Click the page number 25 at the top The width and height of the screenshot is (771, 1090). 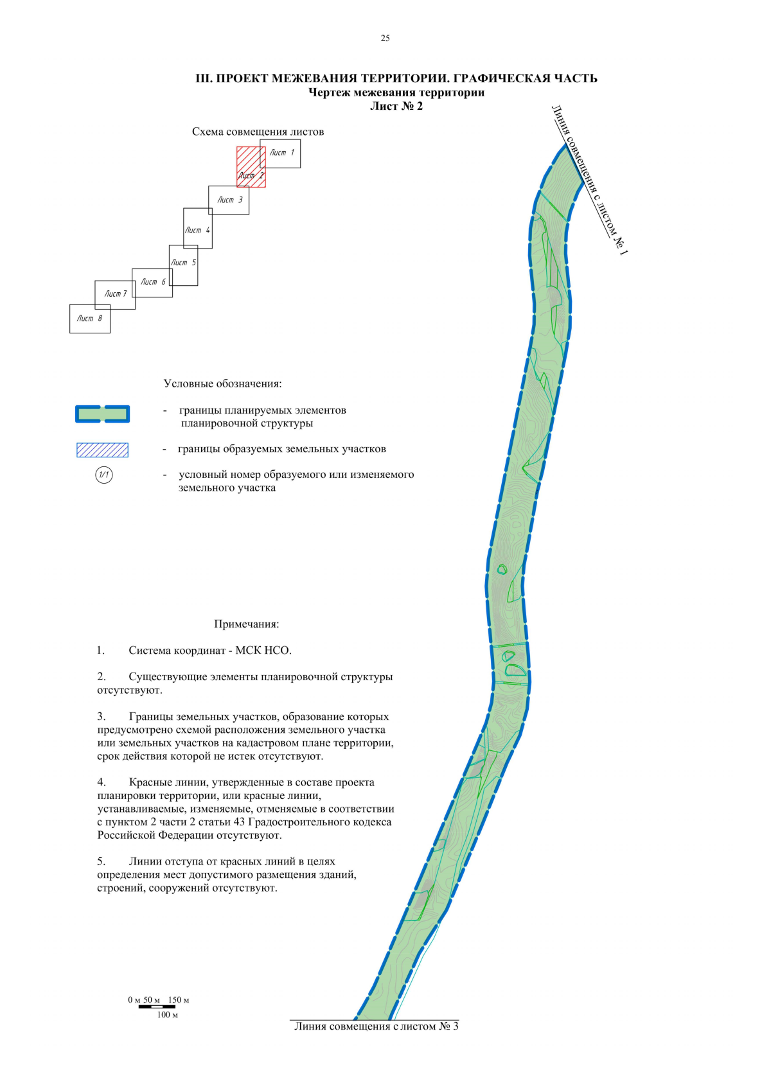coord(385,39)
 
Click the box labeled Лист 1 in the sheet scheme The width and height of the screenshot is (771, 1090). coord(283,153)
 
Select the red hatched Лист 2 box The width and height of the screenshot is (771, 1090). coord(251,167)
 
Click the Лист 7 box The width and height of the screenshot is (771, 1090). coord(115,294)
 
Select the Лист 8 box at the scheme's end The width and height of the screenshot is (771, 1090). coord(89,319)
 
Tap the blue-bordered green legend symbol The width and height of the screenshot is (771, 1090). coord(103,414)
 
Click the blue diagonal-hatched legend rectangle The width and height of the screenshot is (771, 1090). coord(102,450)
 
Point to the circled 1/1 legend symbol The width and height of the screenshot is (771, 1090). coord(103,475)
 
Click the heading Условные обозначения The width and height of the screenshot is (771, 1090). coord(222,383)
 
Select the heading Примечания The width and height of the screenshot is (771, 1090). coord(246,624)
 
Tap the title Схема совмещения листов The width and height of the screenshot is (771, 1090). coord(258,132)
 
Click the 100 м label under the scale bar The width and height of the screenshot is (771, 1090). coord(167,1015)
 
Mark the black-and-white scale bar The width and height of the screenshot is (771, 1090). coord(157,1006)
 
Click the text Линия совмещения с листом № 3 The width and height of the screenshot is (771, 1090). coord(376,1026)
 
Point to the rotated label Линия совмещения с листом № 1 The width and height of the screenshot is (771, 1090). coord(589,180)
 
